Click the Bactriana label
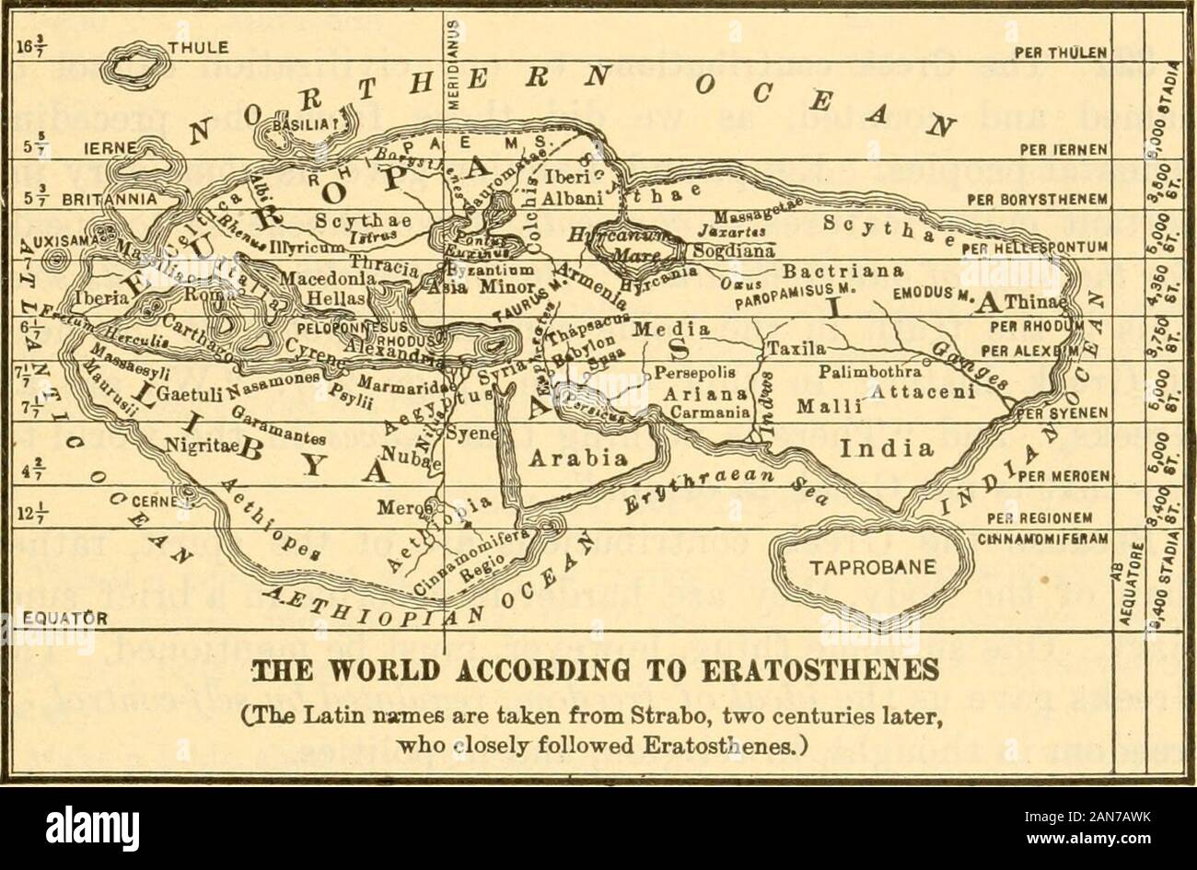coord(826,273)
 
